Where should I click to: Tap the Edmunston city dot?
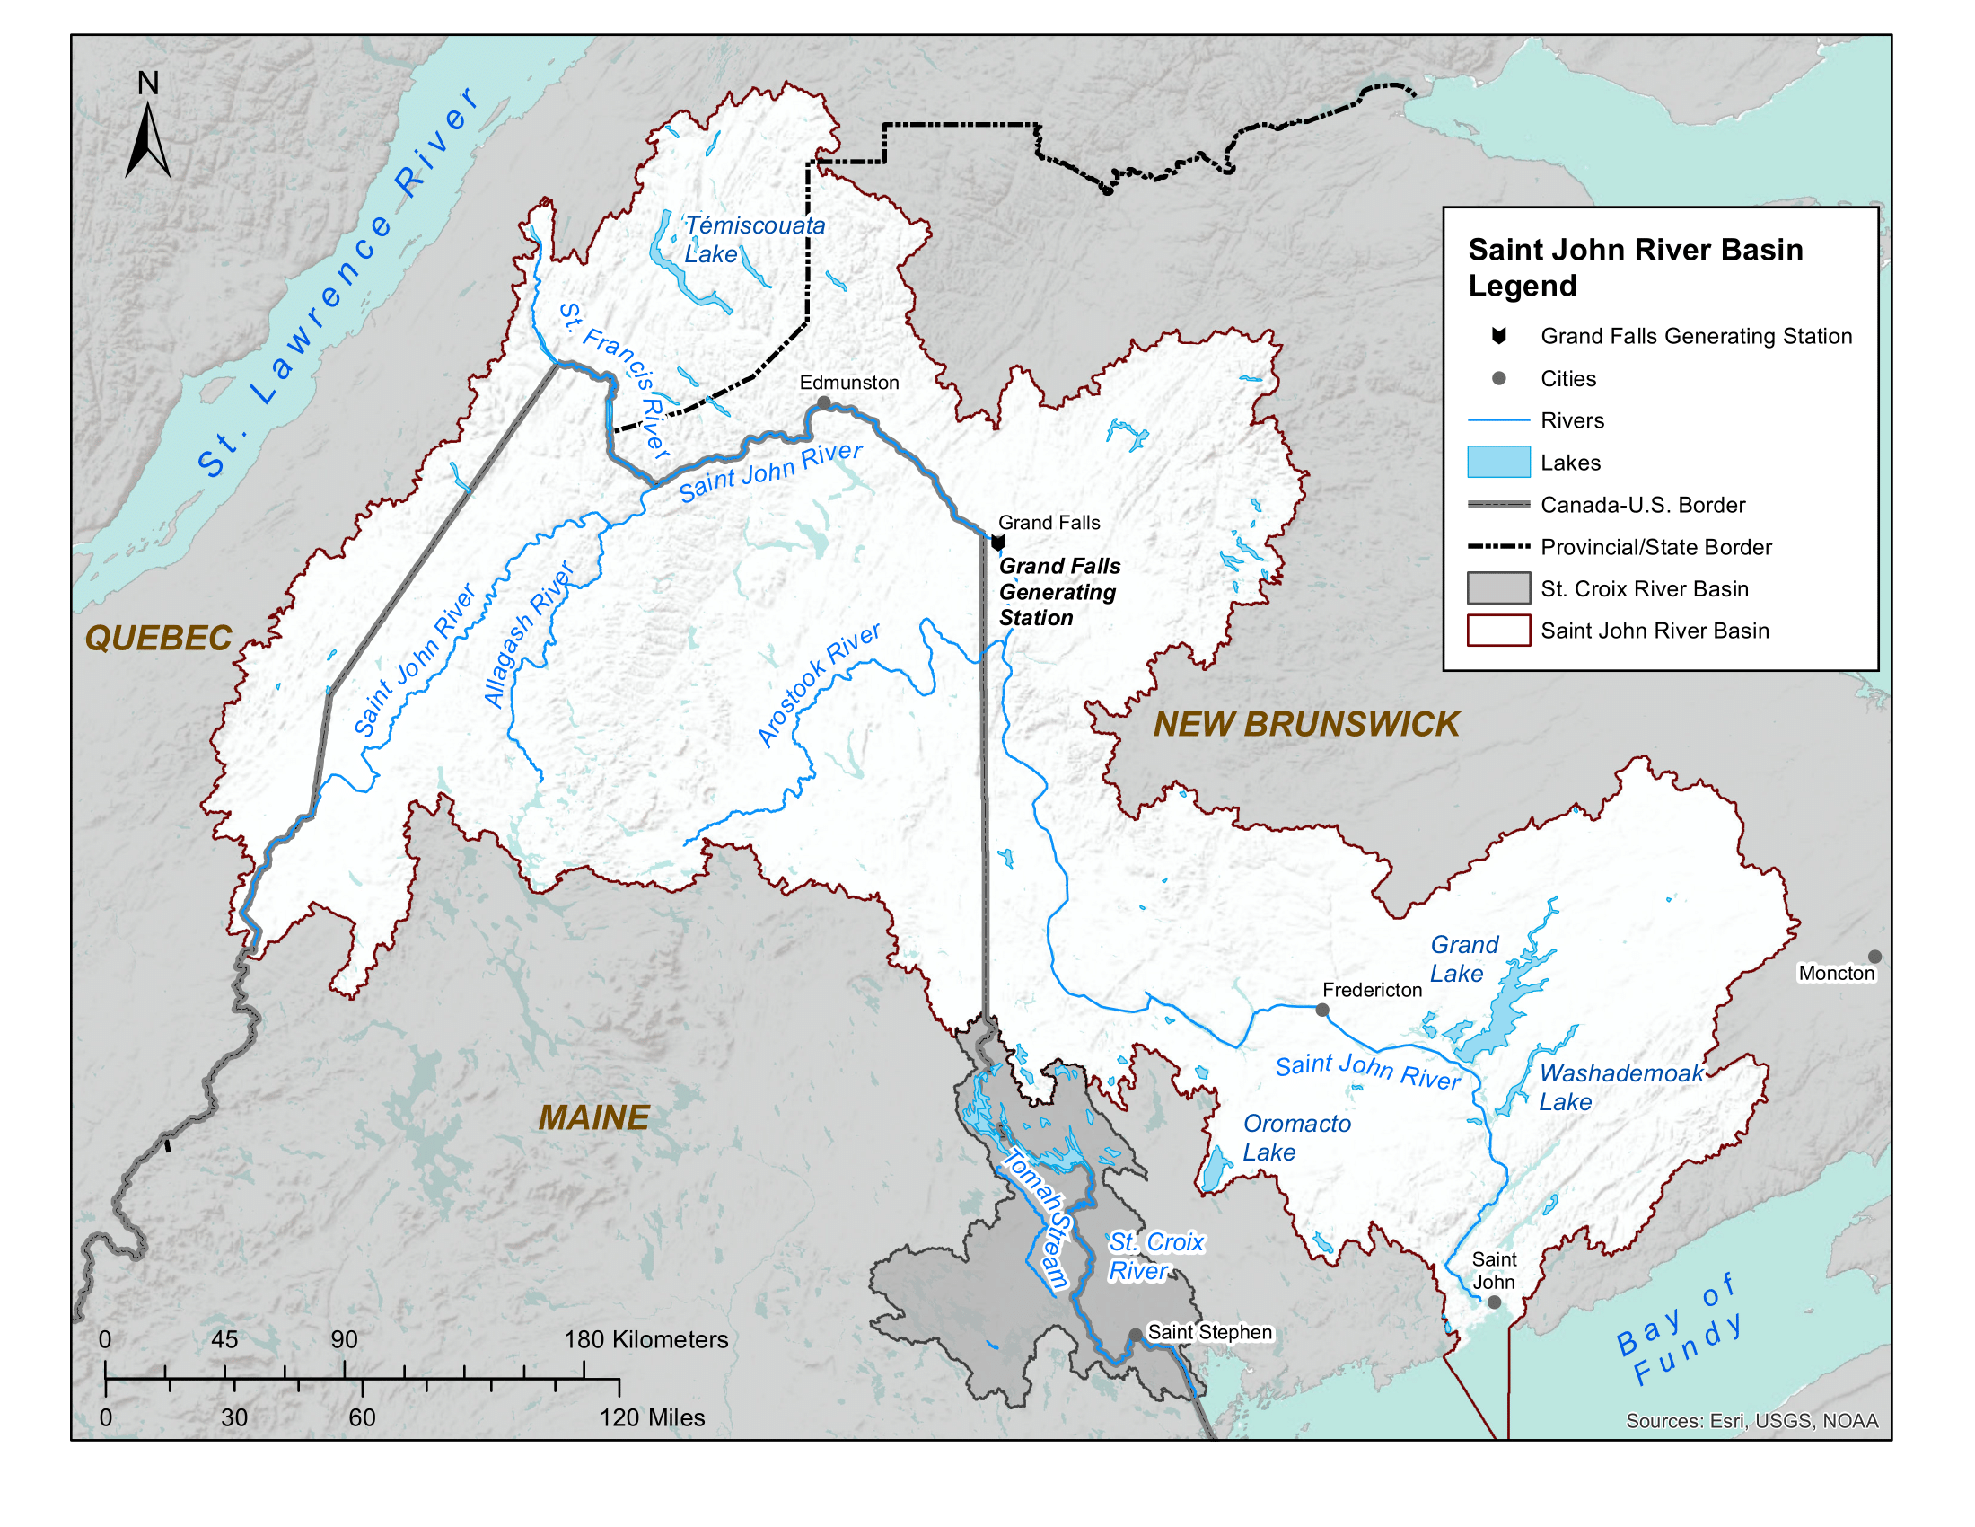coord(824,402)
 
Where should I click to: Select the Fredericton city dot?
coord(1322,1010)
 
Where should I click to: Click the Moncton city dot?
coord(1874,957)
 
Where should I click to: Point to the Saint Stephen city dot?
coord(1135,1335)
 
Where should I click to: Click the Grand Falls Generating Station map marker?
coord(997,543)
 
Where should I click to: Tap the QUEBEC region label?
coord(158,639)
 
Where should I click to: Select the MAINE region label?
coord(594,1118)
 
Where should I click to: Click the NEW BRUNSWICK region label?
coord(1306,725)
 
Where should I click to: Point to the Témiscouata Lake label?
coord(753,240)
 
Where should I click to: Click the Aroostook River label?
coord(818,684)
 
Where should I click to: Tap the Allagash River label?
coord(528,634)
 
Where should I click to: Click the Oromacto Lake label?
coord(1295,1138)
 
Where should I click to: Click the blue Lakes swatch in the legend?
coord(1498,463)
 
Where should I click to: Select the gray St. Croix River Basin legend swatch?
coord(1498,589)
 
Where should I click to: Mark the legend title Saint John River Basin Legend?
coord(1635,268)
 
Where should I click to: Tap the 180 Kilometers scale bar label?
coord(645,1340)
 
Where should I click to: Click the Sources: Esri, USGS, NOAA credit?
coord(1751,1421)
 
